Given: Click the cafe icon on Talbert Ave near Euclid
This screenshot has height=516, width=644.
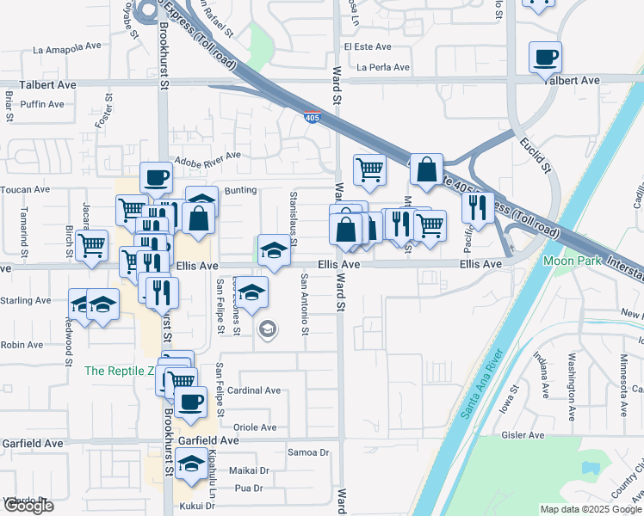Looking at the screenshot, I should click(x=545, y=58).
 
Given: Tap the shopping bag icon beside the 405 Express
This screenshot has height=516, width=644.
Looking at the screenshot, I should click(x=426, y=169).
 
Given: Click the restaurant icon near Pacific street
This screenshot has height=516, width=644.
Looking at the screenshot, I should click(x=476, y=207).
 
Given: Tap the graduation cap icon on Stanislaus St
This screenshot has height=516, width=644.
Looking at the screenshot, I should click(x=274, y=251).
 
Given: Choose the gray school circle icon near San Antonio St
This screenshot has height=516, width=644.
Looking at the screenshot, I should click(x=268, y=329).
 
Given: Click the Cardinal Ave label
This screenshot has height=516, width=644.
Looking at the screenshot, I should click(x=254, y=390).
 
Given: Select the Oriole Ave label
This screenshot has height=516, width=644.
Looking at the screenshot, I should click(x=255, y=427).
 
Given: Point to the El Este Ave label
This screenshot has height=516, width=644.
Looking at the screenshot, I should click(x=368, y=46).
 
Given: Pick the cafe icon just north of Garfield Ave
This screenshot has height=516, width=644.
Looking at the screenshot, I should click(x=190, y=401).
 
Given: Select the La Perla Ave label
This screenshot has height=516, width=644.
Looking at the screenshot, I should click(x=387, y=66).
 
